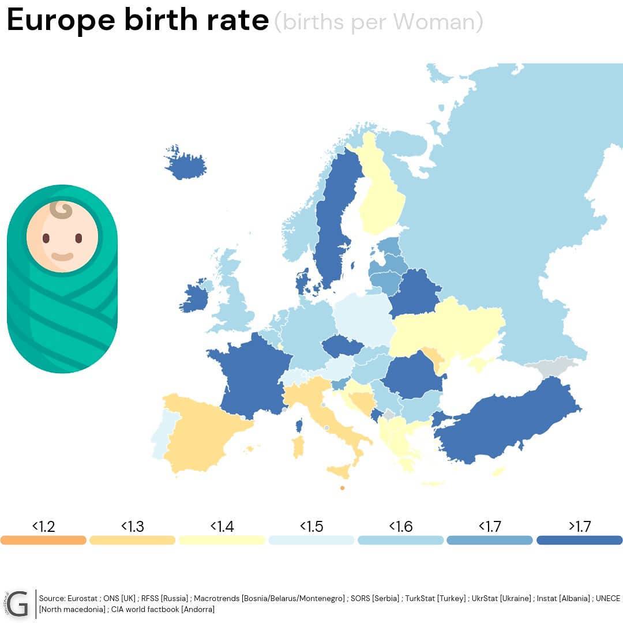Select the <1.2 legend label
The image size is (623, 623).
tap(43, 527)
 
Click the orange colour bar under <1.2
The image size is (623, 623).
tap(43, 540)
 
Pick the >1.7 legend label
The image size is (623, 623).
tap(580, 527)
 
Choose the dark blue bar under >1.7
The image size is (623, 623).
tap(579, 540)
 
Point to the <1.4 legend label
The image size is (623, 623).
tap(222, 527)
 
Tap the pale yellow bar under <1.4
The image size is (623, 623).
tap(222, 540)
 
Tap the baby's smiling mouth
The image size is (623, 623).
tap(62, 257)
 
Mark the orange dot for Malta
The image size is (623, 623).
tap(343, 488)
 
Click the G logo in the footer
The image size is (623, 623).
tap(17, 604)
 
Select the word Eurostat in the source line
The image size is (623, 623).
tap(82, 598)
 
